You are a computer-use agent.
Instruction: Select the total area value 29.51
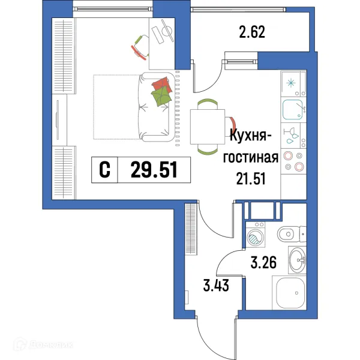pos(154,170)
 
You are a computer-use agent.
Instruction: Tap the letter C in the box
pos(104,170)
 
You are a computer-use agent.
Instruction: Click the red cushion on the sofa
pos(161,84)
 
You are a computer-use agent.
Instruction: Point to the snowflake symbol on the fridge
pos(293,83)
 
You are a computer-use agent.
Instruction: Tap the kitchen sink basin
pos(293,109)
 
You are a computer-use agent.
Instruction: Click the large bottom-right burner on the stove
pos(299,167)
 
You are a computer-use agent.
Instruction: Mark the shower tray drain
pos(297,292)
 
